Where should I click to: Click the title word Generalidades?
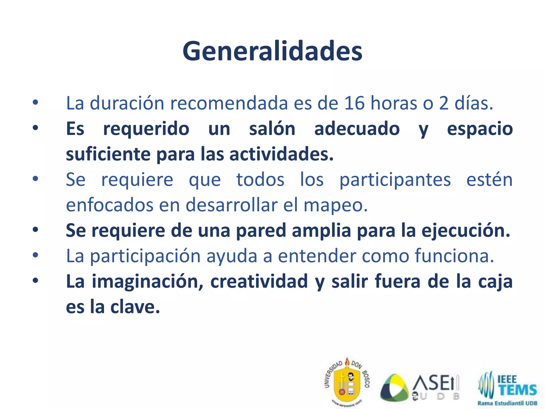[272, 51]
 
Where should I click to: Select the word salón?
[272, 129]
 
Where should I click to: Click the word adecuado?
[357, 129]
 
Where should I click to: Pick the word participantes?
[395, 180]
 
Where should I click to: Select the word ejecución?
[466, 231]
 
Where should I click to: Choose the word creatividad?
[259, 282]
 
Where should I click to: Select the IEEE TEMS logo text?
[516, 386]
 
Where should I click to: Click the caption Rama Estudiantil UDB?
[507, 403]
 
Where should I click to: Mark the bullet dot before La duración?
[35, 103]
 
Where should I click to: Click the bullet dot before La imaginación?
[35, 281]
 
